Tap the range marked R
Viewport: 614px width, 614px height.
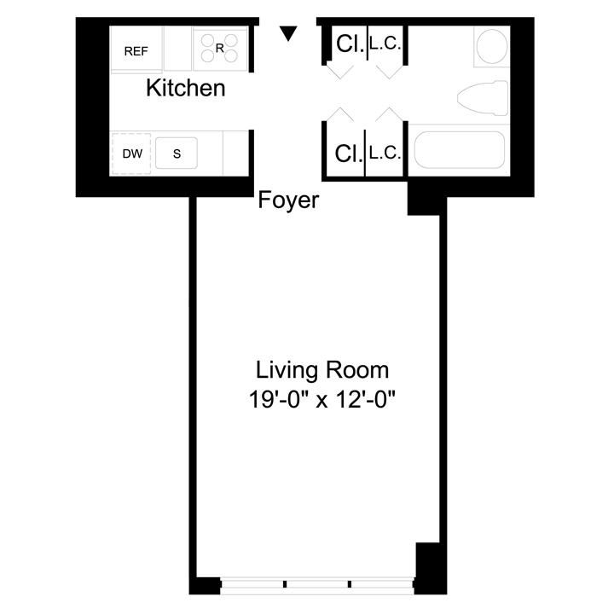point(219,49)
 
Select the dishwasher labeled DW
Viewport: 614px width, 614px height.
point(132,153)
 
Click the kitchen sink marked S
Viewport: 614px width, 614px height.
point(177,153)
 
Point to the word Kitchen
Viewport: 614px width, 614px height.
point(186,88)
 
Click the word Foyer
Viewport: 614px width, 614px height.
point(288,200)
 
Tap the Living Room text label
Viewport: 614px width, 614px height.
point(322,371)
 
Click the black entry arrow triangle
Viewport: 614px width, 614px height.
point(289,33)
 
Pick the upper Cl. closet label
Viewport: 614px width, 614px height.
point(347,43)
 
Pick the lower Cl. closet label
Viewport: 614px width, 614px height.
point(347,153)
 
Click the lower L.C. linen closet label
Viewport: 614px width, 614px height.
point(385,153)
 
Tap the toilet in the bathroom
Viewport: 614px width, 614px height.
point(481,96)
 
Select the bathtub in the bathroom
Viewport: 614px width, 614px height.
point(459,150)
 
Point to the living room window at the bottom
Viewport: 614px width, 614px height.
point(317,586)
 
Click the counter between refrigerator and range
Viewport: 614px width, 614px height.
point(178,49)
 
